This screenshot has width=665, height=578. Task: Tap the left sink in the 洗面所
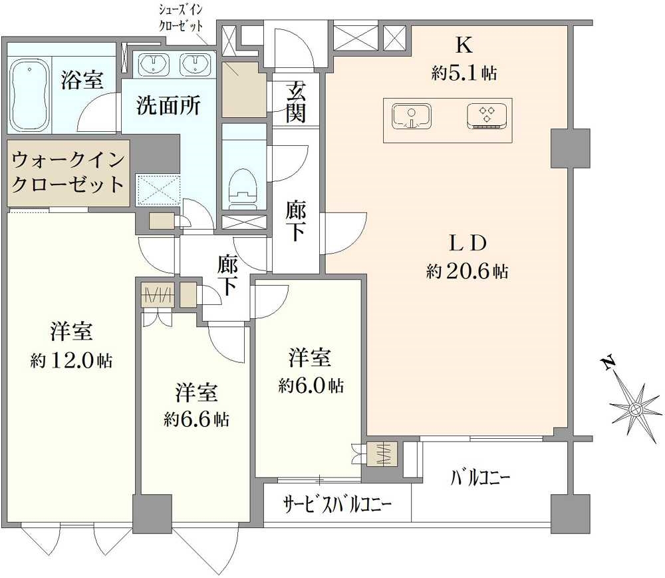[157, 65]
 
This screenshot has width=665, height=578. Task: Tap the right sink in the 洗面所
[196, 65]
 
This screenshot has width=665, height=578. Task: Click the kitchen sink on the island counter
[411, 116]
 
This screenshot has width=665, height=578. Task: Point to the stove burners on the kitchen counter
[487, 116]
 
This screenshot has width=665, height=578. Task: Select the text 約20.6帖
[468, 271]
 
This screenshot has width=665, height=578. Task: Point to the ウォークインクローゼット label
[68, 172]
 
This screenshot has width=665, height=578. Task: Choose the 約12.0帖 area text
[71, 361]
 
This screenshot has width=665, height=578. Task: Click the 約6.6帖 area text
[196, 419]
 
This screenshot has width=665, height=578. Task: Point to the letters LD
[467, 243]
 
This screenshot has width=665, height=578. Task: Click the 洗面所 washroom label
[168, 107]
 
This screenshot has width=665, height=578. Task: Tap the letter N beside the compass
[606, 364]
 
